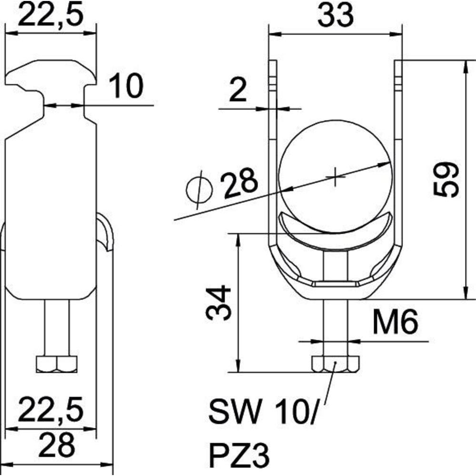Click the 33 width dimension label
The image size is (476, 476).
pos(335,15)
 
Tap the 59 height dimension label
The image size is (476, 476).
pos(446,180)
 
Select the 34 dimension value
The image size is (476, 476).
pos(218,302)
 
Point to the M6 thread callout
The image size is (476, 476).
pos(395,321)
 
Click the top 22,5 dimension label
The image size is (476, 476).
pos(50,14)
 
